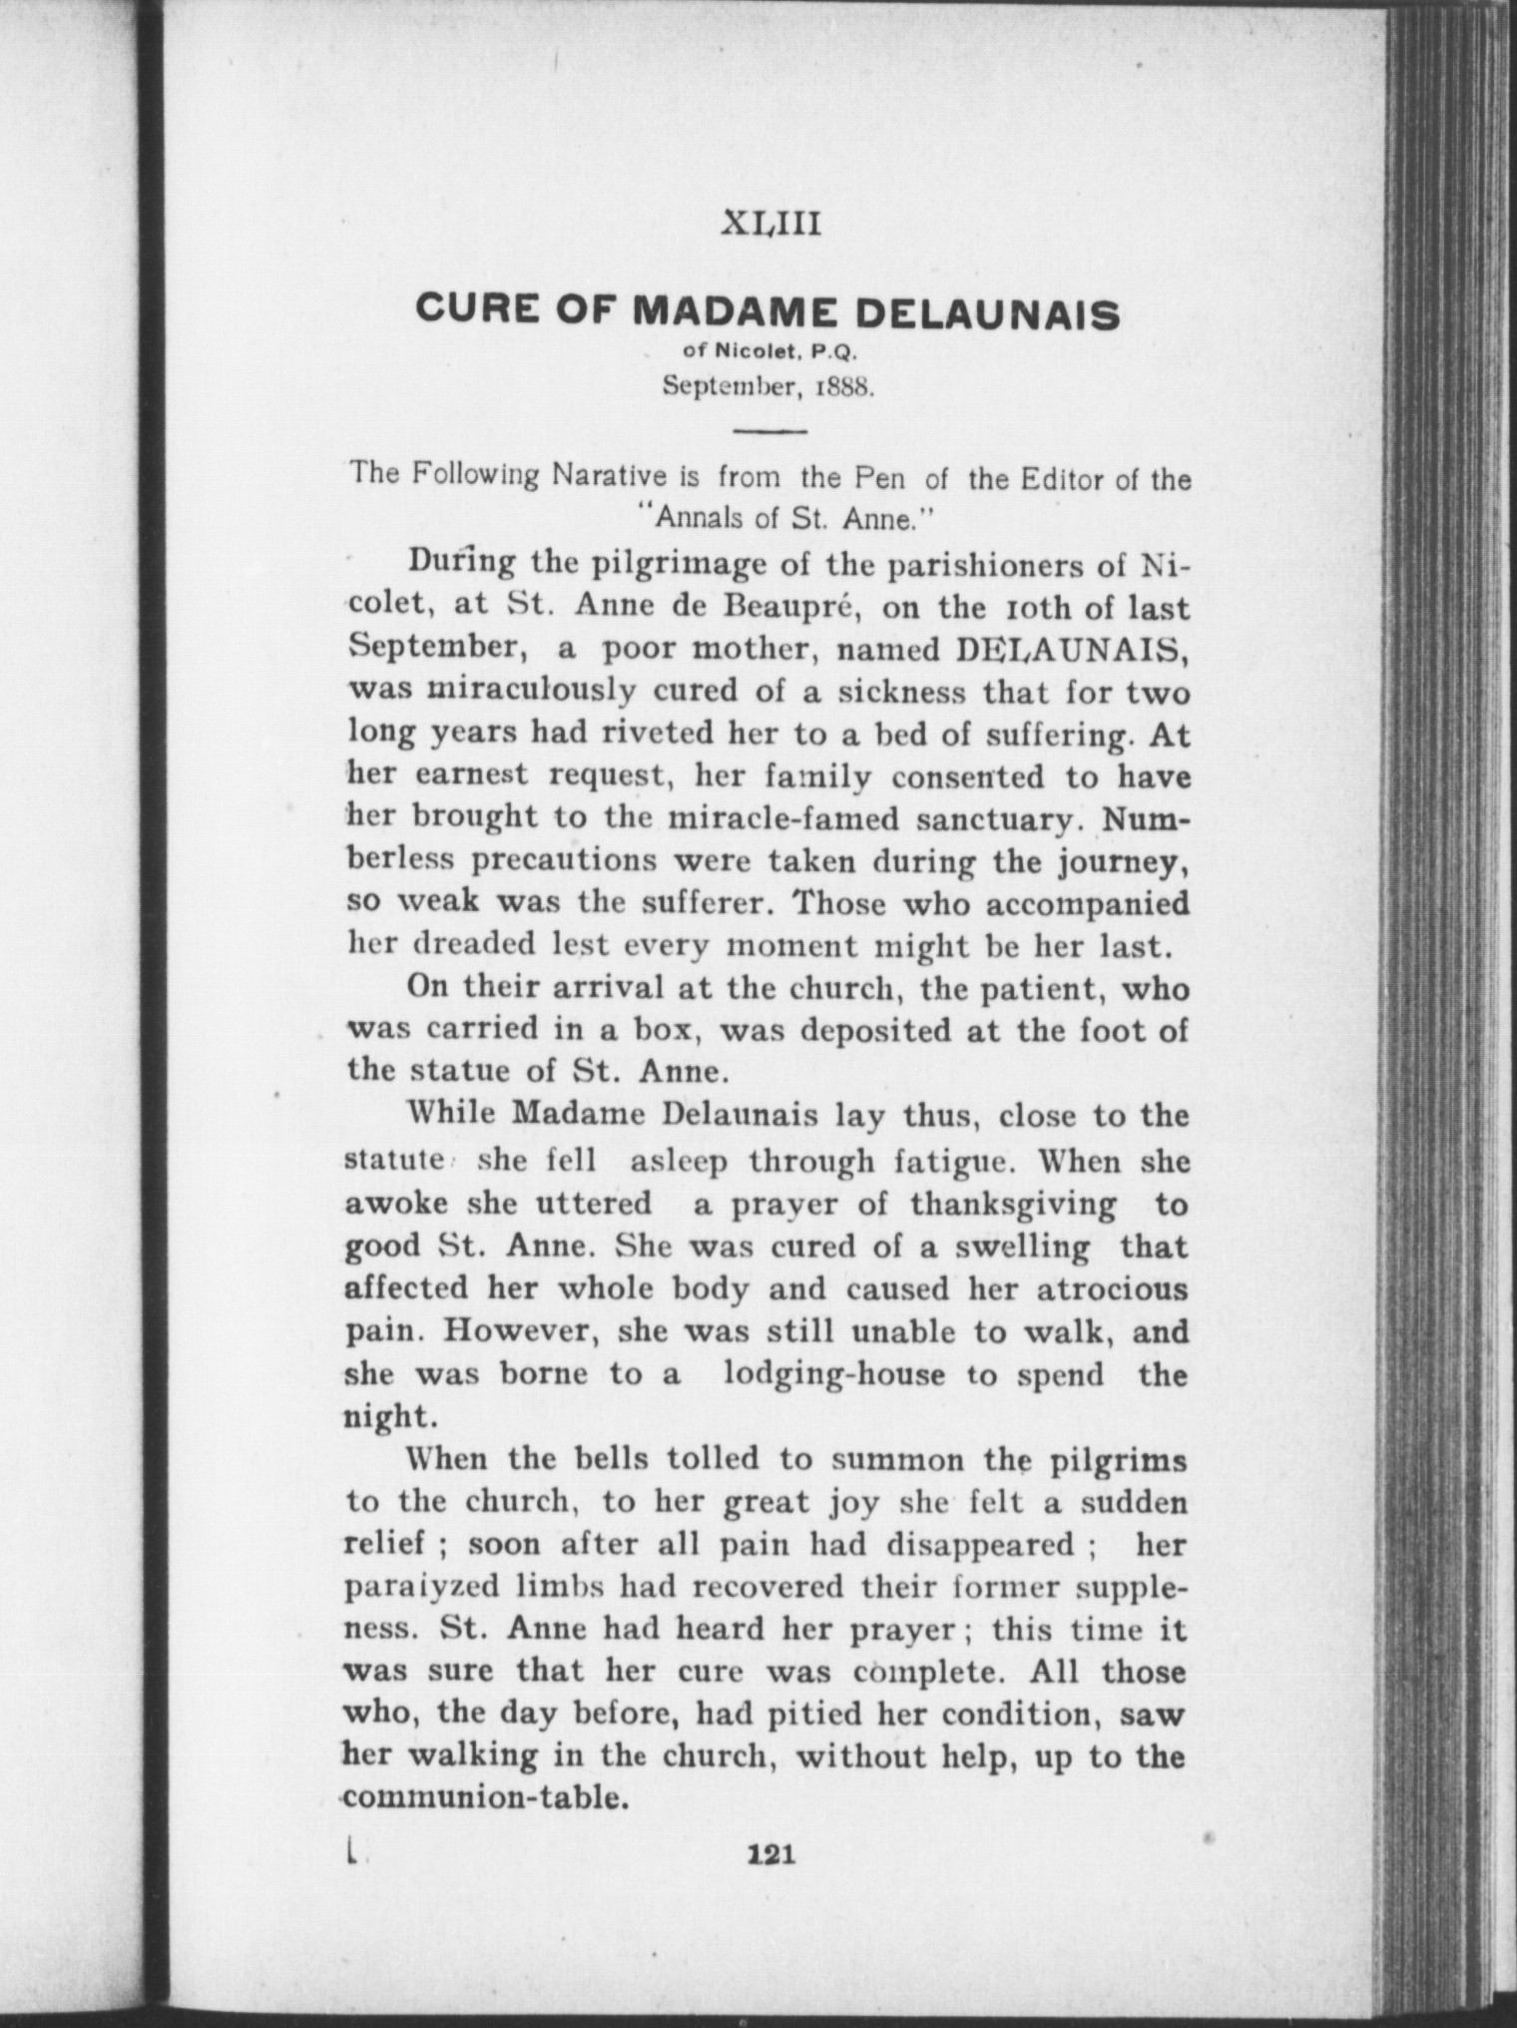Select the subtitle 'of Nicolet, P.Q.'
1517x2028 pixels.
[x=767, y=352]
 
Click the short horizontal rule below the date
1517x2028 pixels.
[x=769, y=431]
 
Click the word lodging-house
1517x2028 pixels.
[x=833, y=1374]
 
